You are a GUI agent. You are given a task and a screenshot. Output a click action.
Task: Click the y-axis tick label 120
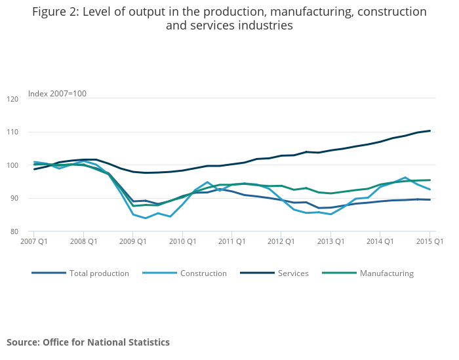point(12,99)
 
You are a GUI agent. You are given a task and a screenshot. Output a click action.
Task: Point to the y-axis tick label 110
point(12,132)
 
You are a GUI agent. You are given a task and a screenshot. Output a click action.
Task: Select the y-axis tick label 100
point(12,165)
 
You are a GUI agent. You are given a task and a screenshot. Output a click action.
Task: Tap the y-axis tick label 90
point(14,198)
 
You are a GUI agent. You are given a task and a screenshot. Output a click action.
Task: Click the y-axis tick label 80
point(14,231)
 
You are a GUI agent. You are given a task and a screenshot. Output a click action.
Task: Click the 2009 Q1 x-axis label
point(132,241)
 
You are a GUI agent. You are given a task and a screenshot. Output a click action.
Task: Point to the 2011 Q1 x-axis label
point(231,241)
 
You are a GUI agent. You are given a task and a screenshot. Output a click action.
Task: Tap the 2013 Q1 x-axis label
point(330,241)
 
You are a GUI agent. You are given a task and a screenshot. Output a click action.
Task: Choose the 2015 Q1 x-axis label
point(429,241)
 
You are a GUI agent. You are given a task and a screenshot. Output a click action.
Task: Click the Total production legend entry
point(99,273)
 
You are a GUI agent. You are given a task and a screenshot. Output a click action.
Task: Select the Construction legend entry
point(203,273)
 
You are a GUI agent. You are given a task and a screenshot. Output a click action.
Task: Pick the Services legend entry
point(293,273)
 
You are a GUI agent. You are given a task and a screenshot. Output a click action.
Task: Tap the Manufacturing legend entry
point(387,273)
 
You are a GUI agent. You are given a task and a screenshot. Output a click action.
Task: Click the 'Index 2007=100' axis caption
point(57,94)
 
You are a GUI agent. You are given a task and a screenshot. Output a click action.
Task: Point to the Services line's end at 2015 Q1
point(430,130)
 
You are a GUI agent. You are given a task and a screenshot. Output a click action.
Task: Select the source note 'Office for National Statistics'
point(106,342)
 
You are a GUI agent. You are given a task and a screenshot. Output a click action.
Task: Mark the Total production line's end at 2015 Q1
point(430,199)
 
